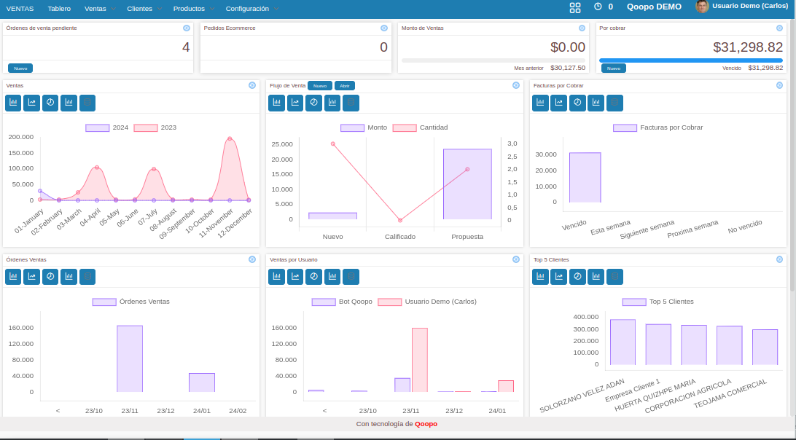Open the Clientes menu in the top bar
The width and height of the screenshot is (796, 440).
139,9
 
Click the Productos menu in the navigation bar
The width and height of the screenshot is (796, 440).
189,9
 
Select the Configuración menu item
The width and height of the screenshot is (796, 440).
247,9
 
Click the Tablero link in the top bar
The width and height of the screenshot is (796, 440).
59,9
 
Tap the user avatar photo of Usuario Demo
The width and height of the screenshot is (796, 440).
702,7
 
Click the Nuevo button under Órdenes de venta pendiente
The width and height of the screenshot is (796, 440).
20,68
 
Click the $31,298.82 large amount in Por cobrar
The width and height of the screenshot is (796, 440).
748,47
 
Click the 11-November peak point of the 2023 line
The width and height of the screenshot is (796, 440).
230,138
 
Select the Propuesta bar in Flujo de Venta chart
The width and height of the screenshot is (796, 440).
467,184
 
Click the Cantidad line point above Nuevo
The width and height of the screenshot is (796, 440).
333,144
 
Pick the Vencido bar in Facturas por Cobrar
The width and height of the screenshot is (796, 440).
585,178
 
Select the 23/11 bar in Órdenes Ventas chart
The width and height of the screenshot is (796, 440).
130,359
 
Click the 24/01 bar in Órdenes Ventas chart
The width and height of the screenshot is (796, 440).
202,382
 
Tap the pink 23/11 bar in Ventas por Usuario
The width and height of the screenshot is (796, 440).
420,360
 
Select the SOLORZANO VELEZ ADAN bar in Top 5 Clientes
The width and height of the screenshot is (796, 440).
623,342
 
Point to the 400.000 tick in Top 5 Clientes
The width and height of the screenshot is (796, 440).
586,317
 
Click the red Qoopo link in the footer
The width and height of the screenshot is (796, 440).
426,424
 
